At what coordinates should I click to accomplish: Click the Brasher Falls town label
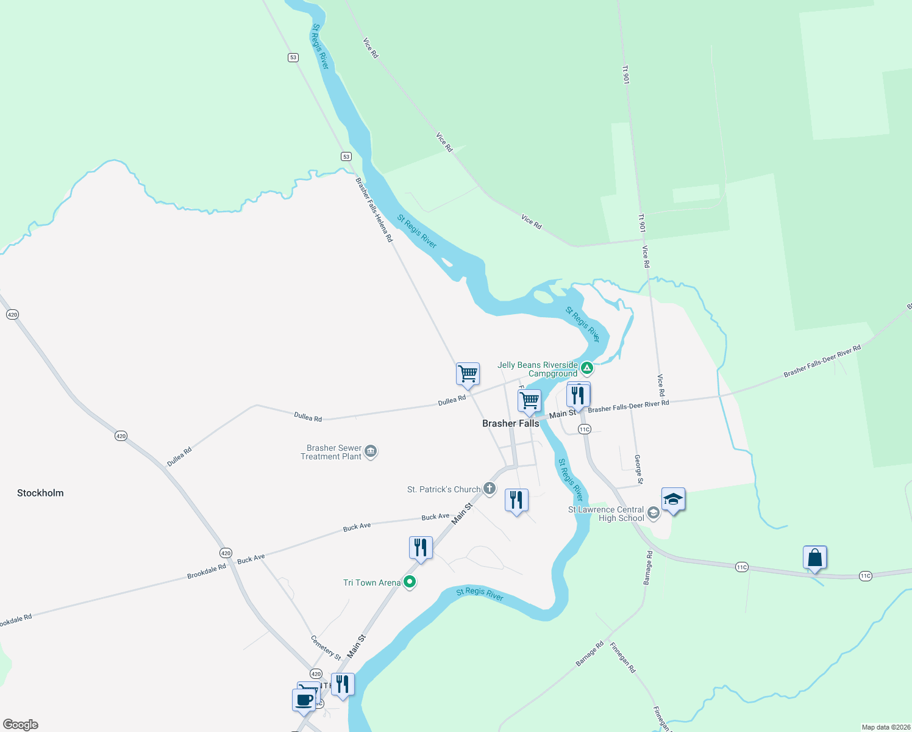(510, 423)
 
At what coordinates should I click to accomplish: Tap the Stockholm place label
(40, 493)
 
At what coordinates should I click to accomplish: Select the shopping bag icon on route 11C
(814, 558)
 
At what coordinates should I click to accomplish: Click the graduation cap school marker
(673, 500)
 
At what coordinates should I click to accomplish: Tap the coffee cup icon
(304, 700)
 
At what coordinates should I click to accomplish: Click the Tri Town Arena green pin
(410, 582)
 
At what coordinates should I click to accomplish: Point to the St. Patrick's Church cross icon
(490, 488)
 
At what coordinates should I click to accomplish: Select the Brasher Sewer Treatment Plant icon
(371, 451)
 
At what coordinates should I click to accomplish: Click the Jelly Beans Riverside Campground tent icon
(586, 368)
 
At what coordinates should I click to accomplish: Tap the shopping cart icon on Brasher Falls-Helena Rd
(468, 373)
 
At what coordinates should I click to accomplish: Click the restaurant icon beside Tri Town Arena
(421, 548)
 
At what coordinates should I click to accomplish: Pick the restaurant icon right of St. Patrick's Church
(516, 500)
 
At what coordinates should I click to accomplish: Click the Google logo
(21, 725)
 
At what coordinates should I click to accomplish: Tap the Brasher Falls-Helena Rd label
(374, 210)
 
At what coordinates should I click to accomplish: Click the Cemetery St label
(326, 648)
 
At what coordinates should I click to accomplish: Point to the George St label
(638, 469)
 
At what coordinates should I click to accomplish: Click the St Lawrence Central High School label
(606, 514)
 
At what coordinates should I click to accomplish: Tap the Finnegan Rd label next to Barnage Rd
(622, 657)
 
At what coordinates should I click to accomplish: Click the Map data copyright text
(886, 727)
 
